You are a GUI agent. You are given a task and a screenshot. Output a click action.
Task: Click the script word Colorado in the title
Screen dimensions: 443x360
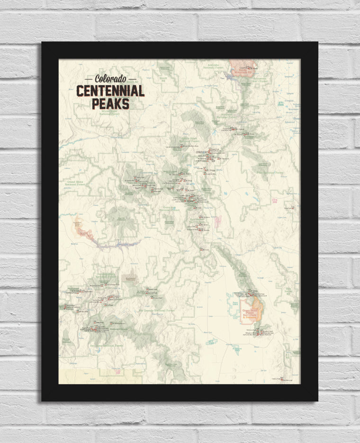[110, 79]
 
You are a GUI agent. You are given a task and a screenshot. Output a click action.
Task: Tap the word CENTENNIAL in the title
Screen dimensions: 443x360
[110, 91]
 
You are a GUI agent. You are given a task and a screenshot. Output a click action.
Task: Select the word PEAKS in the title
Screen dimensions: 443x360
[110, 103]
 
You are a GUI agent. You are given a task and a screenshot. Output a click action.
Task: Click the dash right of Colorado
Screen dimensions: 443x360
[132, 80]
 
